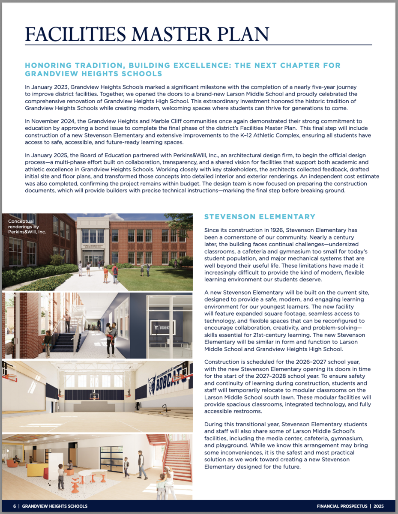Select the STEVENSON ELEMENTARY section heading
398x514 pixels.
pos(260,217)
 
